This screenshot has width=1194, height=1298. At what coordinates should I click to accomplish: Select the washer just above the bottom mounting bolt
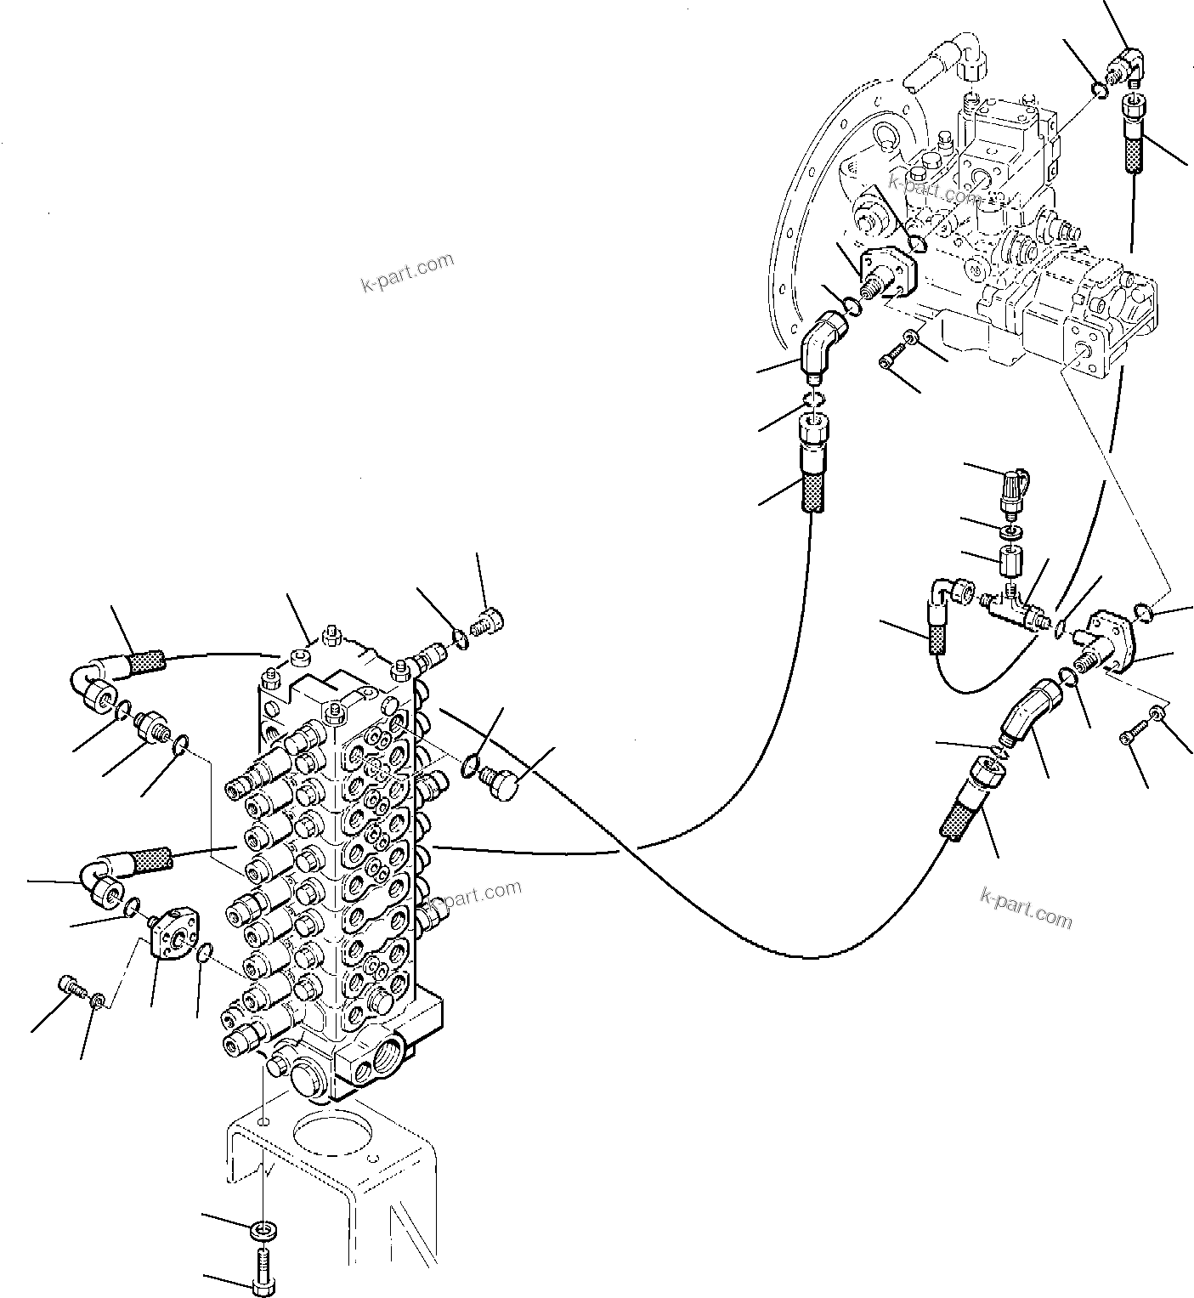pyautogui.click(x=264, y=1230)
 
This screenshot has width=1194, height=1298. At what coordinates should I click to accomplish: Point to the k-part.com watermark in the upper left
pyautogui.click(x=408, y=273)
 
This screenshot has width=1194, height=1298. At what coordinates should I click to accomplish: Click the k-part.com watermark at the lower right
pyautogui.click(x=1026, y=906)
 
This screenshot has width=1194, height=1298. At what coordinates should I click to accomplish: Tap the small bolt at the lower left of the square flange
pyautogui.click(x=71, y=988)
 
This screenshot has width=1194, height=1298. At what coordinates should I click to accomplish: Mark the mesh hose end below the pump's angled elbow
pyautogui.click(x=811, y=464)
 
